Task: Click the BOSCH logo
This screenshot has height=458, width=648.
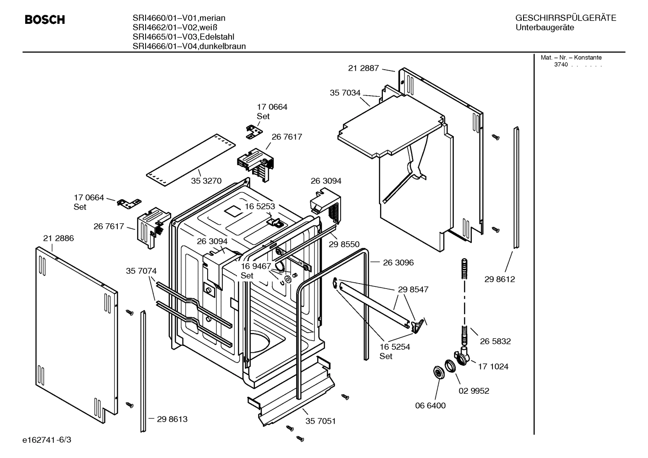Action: (x=44, y=20)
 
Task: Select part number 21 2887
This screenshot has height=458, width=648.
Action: (x=364, y=68)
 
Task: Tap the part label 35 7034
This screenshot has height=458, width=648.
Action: (x=345, y=93)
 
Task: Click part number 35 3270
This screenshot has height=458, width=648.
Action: (x=206, y=181)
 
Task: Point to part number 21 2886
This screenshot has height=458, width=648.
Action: (x=58, y=238)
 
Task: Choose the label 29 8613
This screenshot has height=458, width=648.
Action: (x=172, y=419)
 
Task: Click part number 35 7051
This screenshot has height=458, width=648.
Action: (x=320, y=421)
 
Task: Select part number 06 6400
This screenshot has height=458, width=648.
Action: (x=430, y=405)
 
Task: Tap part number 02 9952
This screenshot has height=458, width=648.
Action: (x=474, y=391)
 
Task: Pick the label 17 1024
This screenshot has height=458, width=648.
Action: (x=493, y=366)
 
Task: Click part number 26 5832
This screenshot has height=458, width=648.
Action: (x=495, y=341)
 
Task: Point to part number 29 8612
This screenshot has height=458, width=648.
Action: (x=500, y=279)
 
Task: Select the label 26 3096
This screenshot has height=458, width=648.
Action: (x=398, y=262)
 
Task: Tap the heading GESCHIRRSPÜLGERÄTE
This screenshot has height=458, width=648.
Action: (x=565, y=18)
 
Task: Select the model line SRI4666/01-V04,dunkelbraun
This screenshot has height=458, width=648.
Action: (x=189, y=46)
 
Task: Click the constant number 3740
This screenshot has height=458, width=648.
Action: (x=560, y=65)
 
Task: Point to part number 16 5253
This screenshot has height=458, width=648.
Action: (x=260, y=206)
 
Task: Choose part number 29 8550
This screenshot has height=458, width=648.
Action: (x=344, y=244)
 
